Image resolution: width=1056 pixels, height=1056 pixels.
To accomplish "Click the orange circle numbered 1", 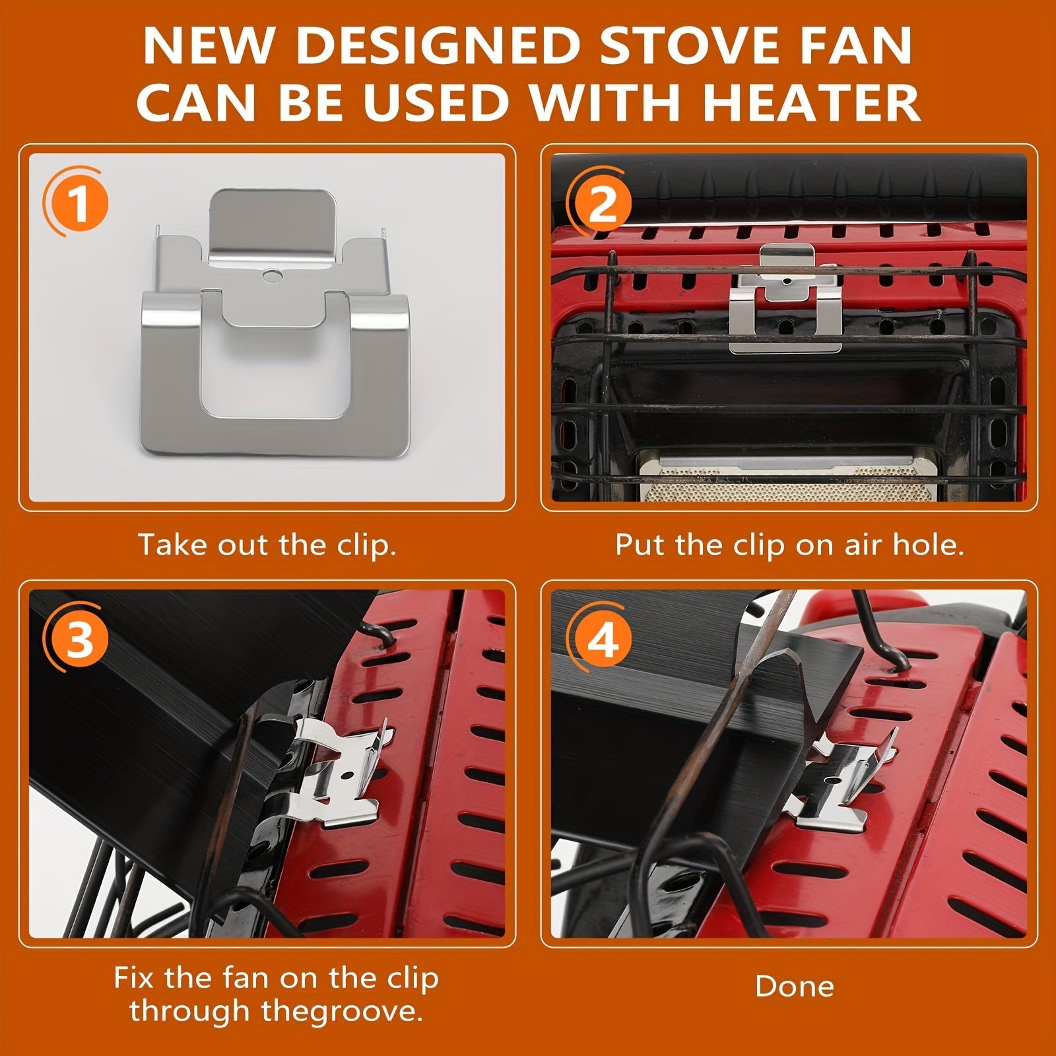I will (79, 203).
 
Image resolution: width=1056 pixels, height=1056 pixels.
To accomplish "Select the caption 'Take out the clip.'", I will (267, 546).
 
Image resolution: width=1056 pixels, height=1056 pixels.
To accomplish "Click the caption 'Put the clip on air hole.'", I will (789, 546).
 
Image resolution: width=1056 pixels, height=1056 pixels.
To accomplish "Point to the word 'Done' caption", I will (795, 986).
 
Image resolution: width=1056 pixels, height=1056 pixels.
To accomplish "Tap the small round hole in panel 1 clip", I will (269, 275).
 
